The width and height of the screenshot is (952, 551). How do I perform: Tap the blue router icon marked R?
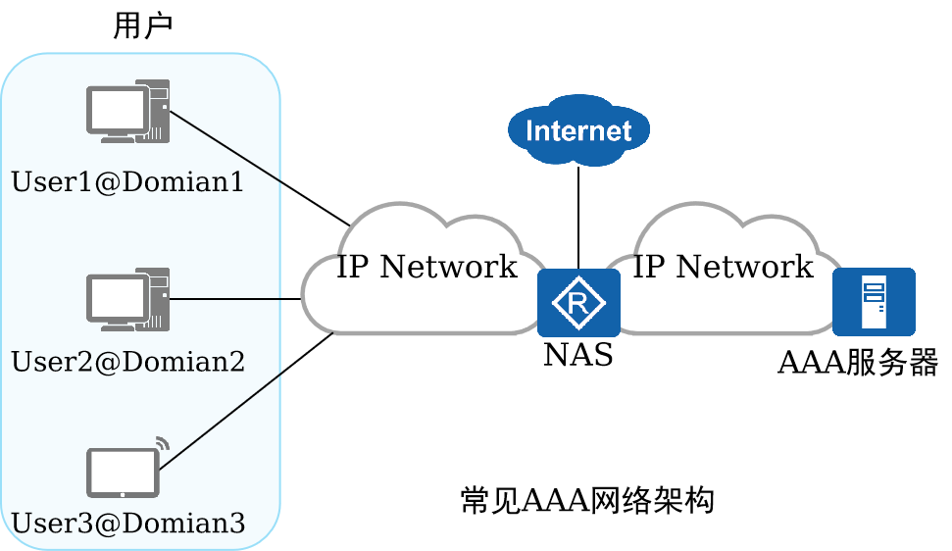pyautogui.click(x=578, y=303)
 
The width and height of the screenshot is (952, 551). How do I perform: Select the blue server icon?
pyautogui.click(x=874, y=302)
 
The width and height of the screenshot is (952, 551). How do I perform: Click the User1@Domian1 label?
pyautogui.click(x=127, y=182)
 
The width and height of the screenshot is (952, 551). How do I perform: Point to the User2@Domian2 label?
pyautogui.click(x=127, y=362)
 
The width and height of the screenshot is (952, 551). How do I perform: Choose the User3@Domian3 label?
pyautogui.click(x=127, y=524)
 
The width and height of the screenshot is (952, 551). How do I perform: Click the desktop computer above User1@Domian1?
pyautogui.click(x=127, y=111)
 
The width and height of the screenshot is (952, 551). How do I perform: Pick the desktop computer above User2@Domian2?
pyautogui.click(x=127, y=299)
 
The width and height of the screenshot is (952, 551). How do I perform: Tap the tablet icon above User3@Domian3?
pyautogui.click(x=123, y=473)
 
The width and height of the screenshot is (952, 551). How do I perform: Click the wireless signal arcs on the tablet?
pyautogui.click(x=163, y=443)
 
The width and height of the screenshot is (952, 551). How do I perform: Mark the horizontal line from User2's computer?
pyautogui.click(x=225, y=298)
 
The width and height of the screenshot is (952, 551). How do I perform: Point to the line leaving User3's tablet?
pyautogui.click(x=222, y=421)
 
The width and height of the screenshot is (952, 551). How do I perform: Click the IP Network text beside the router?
pyautogui.click(x=426, y=267)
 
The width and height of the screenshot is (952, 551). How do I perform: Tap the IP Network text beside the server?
pyautogui.click(x=724, y=267)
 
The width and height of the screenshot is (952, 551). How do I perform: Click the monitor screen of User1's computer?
pyautogui.click(x=116, y=108)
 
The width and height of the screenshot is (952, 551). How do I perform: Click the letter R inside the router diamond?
pyautogui.click(x=578, y=303)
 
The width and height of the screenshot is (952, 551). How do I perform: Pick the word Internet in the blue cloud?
pyautogui.click(x=578, y=130)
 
